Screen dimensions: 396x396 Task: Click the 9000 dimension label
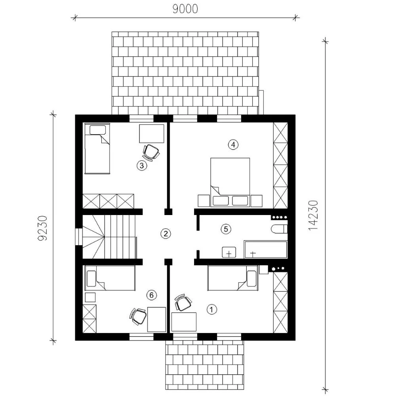(x=185, y=9)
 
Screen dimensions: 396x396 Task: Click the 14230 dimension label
(x=313, y=215)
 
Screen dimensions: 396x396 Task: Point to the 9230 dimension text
(x=42, y=228)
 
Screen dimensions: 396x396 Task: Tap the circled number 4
(x=233, y=145)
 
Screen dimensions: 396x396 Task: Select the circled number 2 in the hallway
(x=166, y=234)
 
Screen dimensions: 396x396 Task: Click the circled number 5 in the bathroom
(x=226, y=229)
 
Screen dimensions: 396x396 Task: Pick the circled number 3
(x=142, y=166)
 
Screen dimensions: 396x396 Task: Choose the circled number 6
(x=152, y=295)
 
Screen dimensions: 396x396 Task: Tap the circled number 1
(x=211, y=309)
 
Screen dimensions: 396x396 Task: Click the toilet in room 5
(x=279, y=229)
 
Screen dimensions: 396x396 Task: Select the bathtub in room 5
(x=266, y=249)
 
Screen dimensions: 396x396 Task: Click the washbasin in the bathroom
(x=229, y=252)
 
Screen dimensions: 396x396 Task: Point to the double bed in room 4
(x=230, y=182)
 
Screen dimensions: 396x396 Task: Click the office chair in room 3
(x=151, y=152)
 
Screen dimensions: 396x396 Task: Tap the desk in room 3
(x=152, y=133)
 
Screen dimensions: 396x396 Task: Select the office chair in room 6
(x=138, y=316)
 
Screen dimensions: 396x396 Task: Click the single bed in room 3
(x=97, y=149)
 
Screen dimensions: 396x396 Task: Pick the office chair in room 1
(x=183, y=302)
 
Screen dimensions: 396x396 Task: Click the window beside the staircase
(x=79, y=237)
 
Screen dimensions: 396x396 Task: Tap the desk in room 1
(x=184, y=322)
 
